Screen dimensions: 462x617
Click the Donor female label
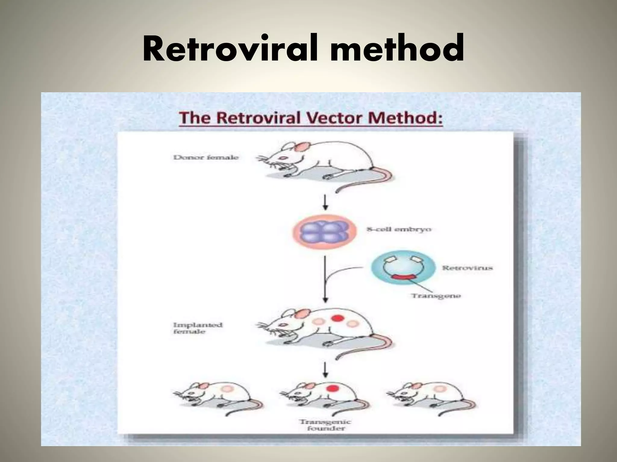pyautogui.click(x=206, y=157)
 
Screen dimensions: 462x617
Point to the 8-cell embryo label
pyautogui.click(x=399, y=229)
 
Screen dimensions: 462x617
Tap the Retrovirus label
pyautogui.click(x=467, y=267)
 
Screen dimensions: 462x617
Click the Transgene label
pyautogui.click(x=436, y=296)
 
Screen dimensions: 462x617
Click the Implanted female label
pyautogui.click(x=197, y=328)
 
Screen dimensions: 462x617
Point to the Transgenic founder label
pyautogui.click(x=325, y=425)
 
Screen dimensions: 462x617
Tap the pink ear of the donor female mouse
pyautogui.click(x=303, y=147)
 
